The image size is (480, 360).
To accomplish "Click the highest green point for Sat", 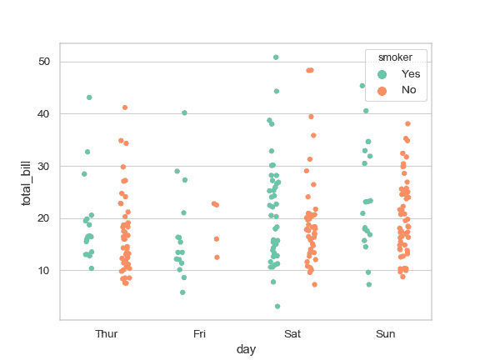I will click(x=276, y=57).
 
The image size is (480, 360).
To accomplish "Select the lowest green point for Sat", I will click(x=277, y=307).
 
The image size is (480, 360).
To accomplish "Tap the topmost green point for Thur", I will click(x=89, y=97).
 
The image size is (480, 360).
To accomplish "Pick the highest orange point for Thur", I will click(x=125, y=107).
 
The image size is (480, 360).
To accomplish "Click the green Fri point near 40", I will click(x=184, y=112).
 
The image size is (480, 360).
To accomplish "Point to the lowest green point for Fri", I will click(x=182, y=292).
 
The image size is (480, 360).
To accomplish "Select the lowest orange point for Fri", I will click(x=217, y=257).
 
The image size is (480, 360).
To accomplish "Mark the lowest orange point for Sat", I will click(x=314, y=284).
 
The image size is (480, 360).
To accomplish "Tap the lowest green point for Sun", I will click(x=369, y=284).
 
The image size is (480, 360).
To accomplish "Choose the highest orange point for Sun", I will click(x=407, y=123).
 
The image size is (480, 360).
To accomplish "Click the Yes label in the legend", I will click(x=411, y=73).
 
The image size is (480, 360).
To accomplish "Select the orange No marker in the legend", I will click(x=382, y=89).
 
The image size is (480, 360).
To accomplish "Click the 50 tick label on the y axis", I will click(x=44, y=62).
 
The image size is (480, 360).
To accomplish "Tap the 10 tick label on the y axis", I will click(x=44, y=271).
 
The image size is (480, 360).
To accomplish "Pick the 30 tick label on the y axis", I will click(x=44, y=167).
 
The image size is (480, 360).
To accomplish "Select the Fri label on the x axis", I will click(x=200, y=333).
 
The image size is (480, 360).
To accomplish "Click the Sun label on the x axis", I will click(x=386, y=333).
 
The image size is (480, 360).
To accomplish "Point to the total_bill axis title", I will click(x=26, y=181).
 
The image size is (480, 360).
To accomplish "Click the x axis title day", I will click(x=246, y=350).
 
